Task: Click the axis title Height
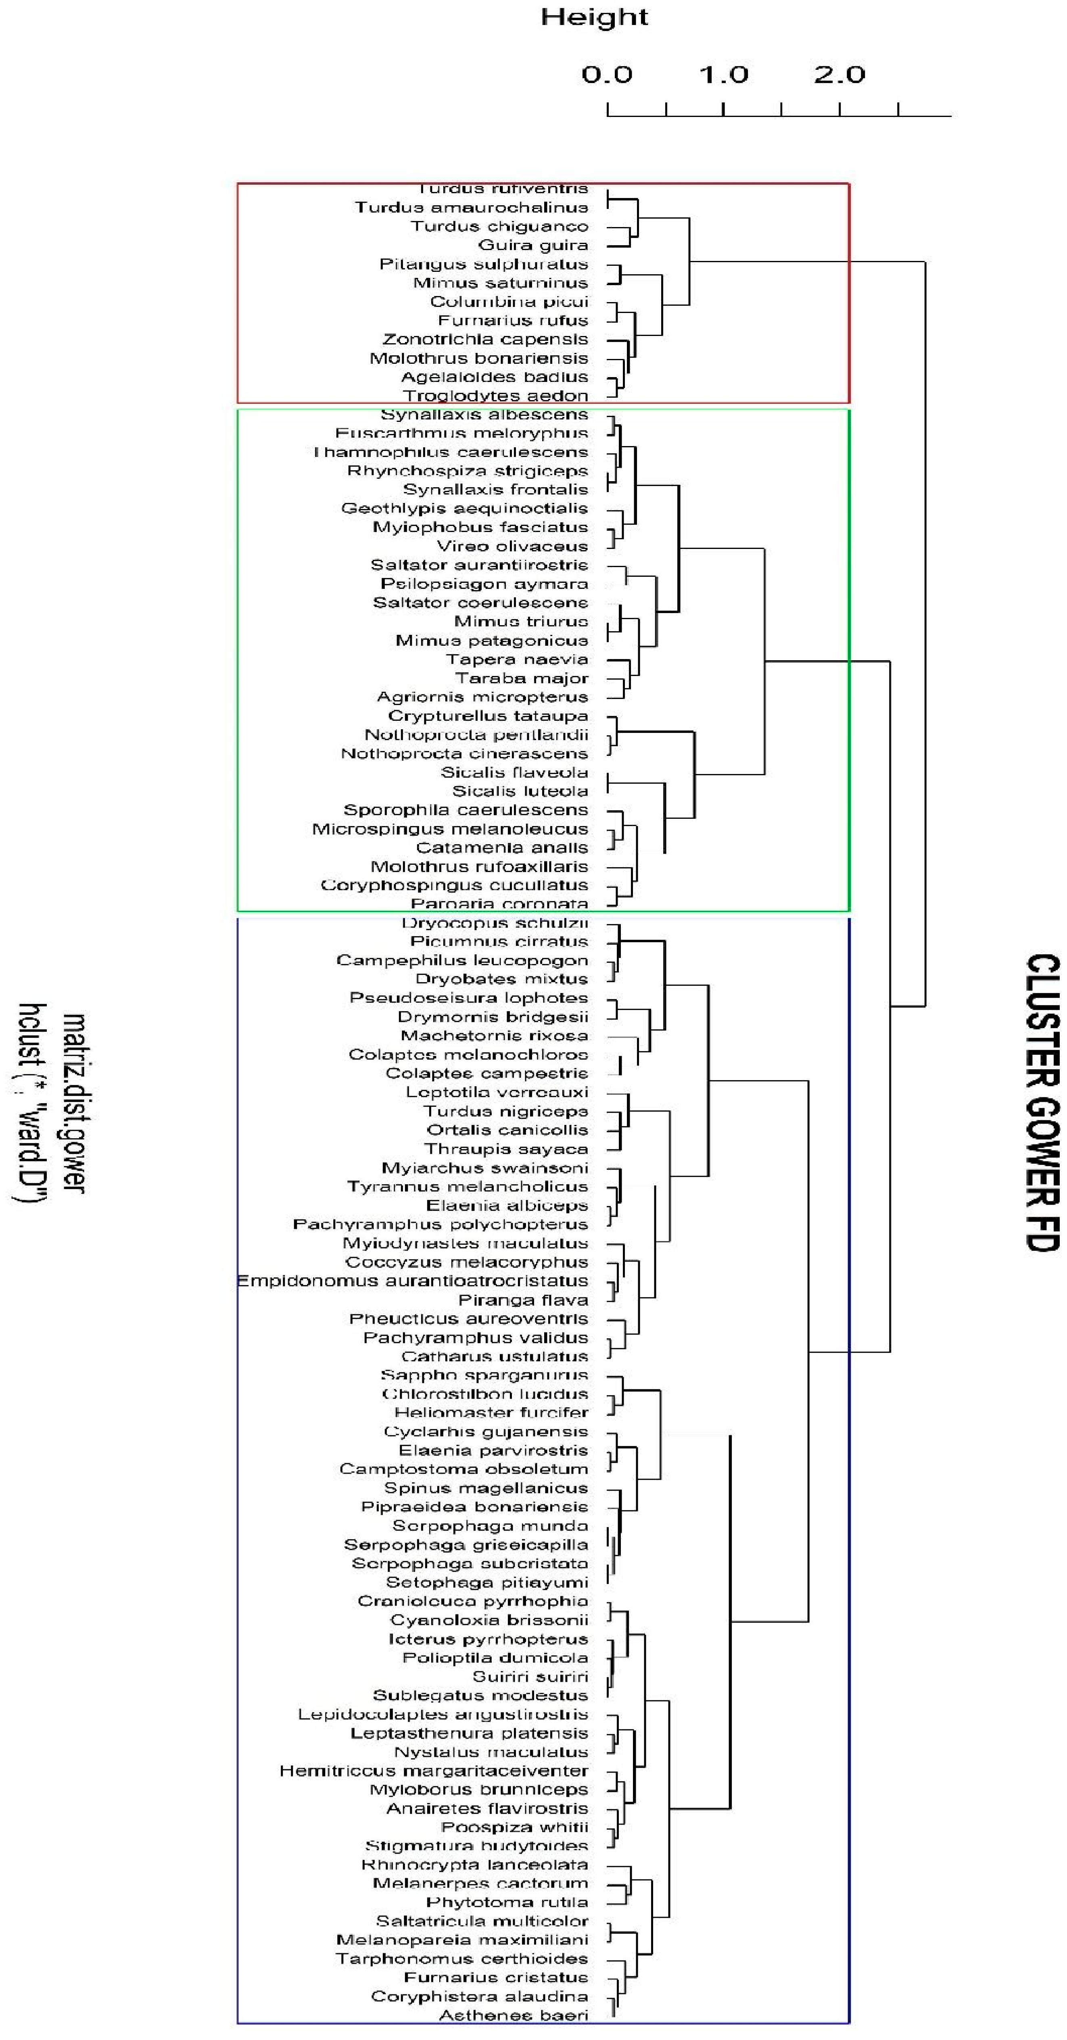(x=594, y=17)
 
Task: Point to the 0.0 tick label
(x=607, y=75)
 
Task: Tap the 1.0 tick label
(x=723, y=75)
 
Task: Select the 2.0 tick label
(x=839, y=75)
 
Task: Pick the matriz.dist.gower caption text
(x=73, y=1102)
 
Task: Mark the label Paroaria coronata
(x=499, y=903)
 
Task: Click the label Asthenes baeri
(x=513, y=2015)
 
